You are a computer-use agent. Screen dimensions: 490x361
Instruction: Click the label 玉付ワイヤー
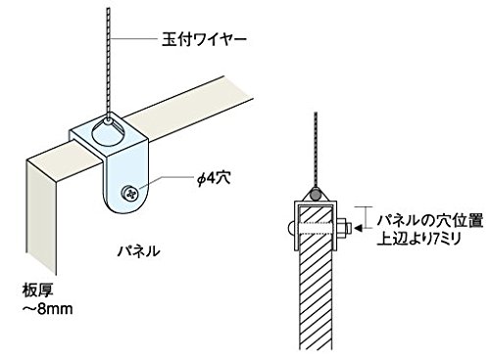point(204,40)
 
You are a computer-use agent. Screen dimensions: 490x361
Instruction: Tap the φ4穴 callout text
point(215,178)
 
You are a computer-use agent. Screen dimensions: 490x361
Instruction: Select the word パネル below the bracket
point(139,251)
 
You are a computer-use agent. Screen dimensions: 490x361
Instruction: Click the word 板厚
point(38,291)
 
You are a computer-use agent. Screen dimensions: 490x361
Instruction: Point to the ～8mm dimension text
point(47,309)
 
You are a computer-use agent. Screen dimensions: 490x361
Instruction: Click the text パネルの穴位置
point(430,221)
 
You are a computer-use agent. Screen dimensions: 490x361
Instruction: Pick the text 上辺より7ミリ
point(419,239)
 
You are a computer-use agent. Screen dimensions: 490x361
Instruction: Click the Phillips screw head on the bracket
point(130,194)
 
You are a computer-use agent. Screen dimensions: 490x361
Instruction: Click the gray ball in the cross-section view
point(316,194)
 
